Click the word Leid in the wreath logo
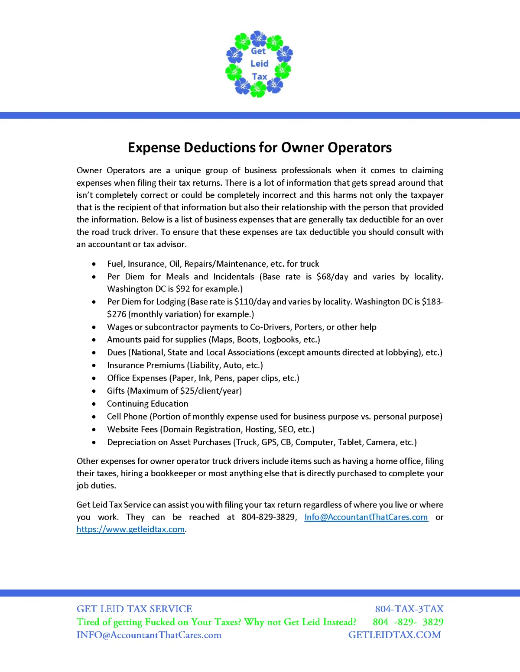[259, 64]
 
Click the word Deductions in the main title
[219, 148]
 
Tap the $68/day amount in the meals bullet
[332, 277]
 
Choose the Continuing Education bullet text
[148, 404]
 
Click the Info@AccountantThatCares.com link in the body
[366, 517]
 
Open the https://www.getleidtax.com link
[130, 529]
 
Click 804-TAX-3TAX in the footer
[409, 609]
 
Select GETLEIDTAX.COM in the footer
[394, 635]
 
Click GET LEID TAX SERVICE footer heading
[134, 609]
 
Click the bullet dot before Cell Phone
[94, 417]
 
